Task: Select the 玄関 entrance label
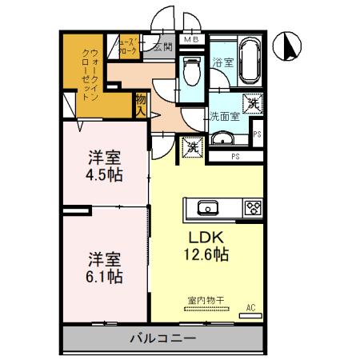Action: pos(163,47)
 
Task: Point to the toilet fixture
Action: pos(192,74)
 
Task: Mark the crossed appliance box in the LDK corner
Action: pos(192,146)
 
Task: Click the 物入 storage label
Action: pos(141,105)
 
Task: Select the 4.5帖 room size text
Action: pos(104,174)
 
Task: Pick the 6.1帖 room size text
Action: pos(104,276)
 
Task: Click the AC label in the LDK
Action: pos(250,306)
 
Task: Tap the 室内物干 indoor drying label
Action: pos(206,301)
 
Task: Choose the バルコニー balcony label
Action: pos(163,339)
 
